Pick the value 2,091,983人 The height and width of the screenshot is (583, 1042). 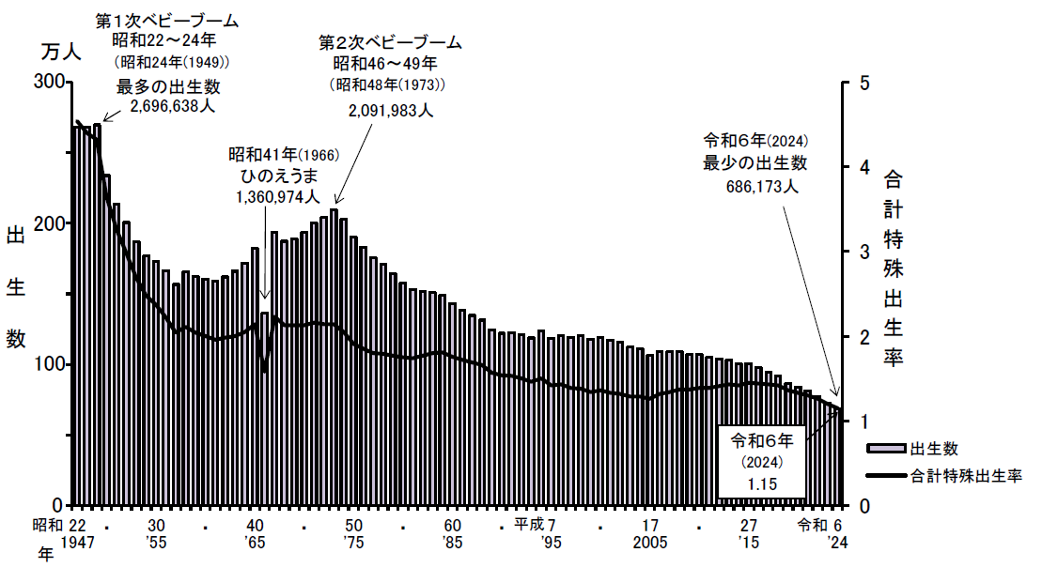pos(391,110)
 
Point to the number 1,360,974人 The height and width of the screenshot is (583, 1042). pos(279,197)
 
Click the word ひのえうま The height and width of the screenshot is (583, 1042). pos(279,176)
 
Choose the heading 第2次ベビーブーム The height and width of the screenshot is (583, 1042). pos(391,42)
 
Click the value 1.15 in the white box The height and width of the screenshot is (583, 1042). pos(761,483)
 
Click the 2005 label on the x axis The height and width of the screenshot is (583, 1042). pos(650,544)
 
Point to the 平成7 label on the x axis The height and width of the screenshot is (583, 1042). pos(536,524)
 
